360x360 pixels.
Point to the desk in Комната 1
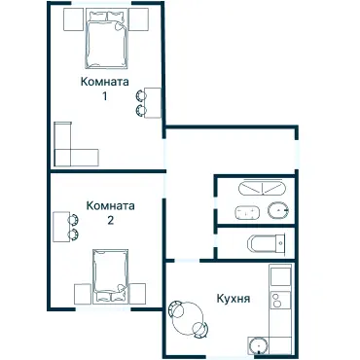[154, 102]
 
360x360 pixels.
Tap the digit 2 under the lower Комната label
[110, 220]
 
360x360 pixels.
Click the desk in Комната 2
[59, 225]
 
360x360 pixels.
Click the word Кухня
[234, 299]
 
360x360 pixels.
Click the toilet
[265, 242]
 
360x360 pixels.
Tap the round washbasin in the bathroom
[278, 211]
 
